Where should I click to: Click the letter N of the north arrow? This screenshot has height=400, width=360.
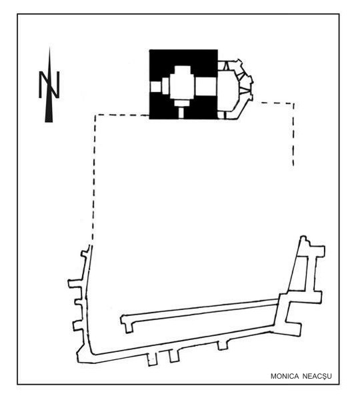point(49,85)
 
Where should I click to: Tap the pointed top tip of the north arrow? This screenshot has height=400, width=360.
point(49,47)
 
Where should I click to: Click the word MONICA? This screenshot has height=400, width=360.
point(285,376)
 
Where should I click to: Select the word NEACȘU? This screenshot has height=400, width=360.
point(317,377)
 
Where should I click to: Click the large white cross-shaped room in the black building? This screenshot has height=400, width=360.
point(182,84)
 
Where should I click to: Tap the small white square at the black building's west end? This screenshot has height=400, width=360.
point(155,87)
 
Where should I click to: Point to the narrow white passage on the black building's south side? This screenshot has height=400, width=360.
point(181,113)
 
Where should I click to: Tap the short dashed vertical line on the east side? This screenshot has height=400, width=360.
point(293,135)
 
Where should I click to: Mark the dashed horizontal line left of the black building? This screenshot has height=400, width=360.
point(122,115)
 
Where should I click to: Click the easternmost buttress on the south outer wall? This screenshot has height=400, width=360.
point(223,345)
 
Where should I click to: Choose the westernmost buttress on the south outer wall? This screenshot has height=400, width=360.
point(152,360)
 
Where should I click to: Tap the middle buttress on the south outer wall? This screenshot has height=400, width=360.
point(174,356)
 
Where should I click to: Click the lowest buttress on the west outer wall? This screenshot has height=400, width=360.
point(78,326)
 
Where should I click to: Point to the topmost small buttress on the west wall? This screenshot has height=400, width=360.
point(85,253)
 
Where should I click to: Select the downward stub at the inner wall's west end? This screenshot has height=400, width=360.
point(129,327)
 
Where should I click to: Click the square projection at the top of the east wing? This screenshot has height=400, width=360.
point(317,251)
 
